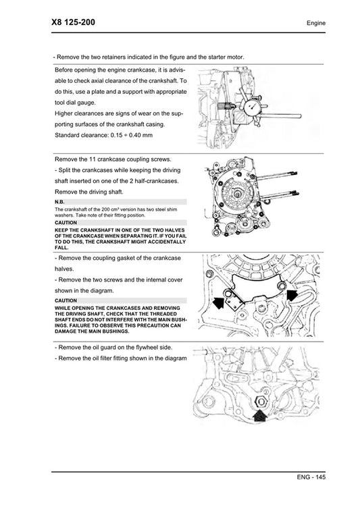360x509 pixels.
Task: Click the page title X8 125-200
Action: point(73,22)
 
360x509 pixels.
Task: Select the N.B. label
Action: point(59,202)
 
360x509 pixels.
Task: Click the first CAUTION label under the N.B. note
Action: point(66,222)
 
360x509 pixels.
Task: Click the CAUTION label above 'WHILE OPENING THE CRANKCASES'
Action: point(66,300)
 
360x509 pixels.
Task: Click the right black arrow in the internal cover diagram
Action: point(291,295)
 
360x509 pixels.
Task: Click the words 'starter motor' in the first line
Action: point(222,57)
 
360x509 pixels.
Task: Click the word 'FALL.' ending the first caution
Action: point(61,247)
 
